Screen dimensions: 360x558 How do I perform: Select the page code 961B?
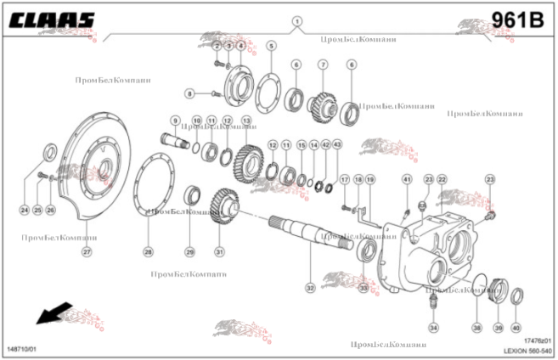coord(516,20)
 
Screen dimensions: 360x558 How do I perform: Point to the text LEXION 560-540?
coord(527,350)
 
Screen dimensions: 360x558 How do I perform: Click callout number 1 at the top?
coord(296,21)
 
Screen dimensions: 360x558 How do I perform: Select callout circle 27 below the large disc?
coord(86,252)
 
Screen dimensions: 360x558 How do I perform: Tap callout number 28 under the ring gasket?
coord(148,252)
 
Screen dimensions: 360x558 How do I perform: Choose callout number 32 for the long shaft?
coord(310,289)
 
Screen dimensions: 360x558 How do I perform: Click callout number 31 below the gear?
coord(219,252)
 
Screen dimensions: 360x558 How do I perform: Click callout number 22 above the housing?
coord(442,179)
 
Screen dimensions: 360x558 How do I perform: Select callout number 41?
coord(407,179)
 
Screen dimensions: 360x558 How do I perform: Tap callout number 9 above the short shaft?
coord(175,121)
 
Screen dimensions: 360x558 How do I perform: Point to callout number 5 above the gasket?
coord(271,45)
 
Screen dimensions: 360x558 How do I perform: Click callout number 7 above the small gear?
coord(323,65)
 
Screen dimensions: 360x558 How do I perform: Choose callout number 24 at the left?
coord(25,210)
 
